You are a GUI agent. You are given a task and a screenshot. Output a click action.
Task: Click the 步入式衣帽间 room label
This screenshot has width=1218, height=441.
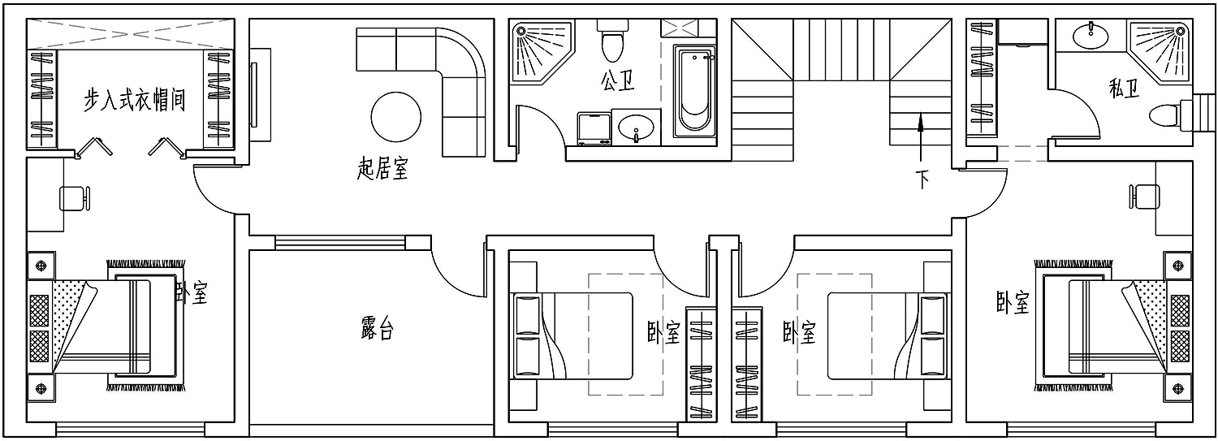click(134, 100)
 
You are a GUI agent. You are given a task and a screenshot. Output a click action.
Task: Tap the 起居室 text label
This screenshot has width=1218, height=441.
click(382, 168)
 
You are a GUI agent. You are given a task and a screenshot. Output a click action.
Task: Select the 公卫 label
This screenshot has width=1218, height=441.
click(618, 81)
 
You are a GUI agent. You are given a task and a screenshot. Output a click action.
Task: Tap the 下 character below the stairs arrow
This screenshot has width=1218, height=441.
click(921, 179)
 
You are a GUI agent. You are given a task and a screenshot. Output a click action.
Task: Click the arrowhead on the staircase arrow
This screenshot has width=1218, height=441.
click(921, 123)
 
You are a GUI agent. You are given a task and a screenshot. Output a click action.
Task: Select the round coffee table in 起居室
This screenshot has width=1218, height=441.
click(396, 116)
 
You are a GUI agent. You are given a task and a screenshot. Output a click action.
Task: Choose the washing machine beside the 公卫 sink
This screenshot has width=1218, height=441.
click(594, 128)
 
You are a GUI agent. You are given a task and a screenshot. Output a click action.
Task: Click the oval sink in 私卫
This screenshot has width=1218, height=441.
click(1091, 36)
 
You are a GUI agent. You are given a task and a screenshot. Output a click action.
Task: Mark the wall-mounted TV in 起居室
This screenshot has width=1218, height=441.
click(260, 95)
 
